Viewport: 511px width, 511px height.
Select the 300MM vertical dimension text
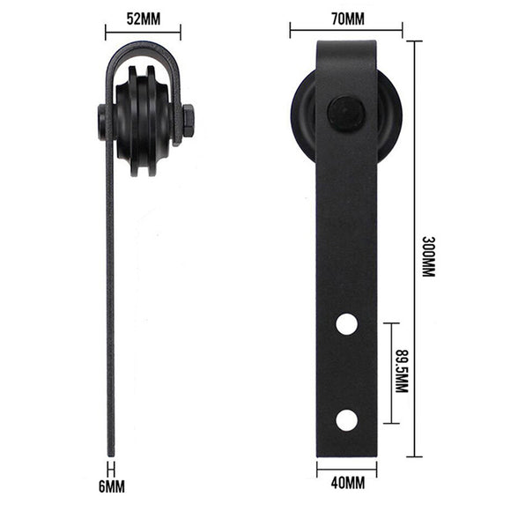[x=429, y=256]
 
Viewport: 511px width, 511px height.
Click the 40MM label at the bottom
[x=347, y=484]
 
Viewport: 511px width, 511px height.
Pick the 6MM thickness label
[x=111, y=484]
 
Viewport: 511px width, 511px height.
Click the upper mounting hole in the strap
[x=347, y=324]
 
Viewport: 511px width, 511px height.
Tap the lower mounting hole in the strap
[x=347, y=420]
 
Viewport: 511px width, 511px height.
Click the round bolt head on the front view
[x=345, y=113]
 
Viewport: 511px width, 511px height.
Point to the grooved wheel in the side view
[x=144, y=121]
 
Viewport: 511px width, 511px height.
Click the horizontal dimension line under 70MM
[x=345, y=31]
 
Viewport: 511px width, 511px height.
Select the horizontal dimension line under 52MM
[x=143, y=31]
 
